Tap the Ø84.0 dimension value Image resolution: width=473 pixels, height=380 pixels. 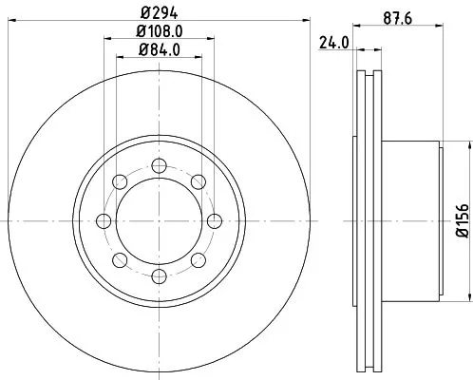(158, 49)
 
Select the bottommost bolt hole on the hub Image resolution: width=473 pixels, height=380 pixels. (158, 276)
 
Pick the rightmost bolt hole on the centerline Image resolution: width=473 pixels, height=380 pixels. (214, 220)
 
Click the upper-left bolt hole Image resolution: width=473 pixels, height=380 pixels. (119, 181)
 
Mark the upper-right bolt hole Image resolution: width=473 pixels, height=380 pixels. (198, 181)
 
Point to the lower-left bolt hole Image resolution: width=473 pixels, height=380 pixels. (119, 260)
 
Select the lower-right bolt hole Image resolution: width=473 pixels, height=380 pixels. (198, 260)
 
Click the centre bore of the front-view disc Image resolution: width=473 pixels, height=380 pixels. (158, 220)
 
